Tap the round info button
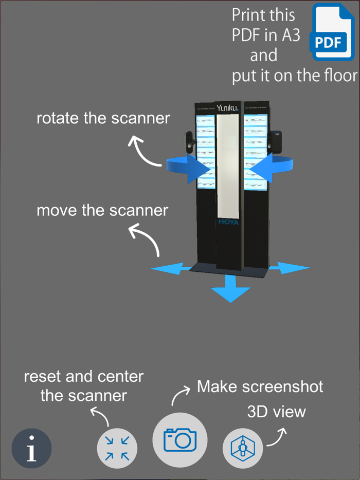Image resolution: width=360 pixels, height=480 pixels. point(32,448)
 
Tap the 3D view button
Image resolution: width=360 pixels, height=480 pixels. point(242,448)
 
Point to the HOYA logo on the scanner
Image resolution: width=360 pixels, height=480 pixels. point(228,222)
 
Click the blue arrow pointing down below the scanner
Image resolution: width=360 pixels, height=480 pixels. point(230,289)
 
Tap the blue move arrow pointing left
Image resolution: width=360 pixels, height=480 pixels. point(167,268)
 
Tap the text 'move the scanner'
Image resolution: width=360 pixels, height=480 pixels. point(102,210)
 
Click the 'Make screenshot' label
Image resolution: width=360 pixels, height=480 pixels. point(260,386)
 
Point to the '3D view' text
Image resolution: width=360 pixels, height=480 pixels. point(276,411)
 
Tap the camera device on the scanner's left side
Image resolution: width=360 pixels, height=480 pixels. point(189,142)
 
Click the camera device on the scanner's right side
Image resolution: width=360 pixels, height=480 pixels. point(276,140)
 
